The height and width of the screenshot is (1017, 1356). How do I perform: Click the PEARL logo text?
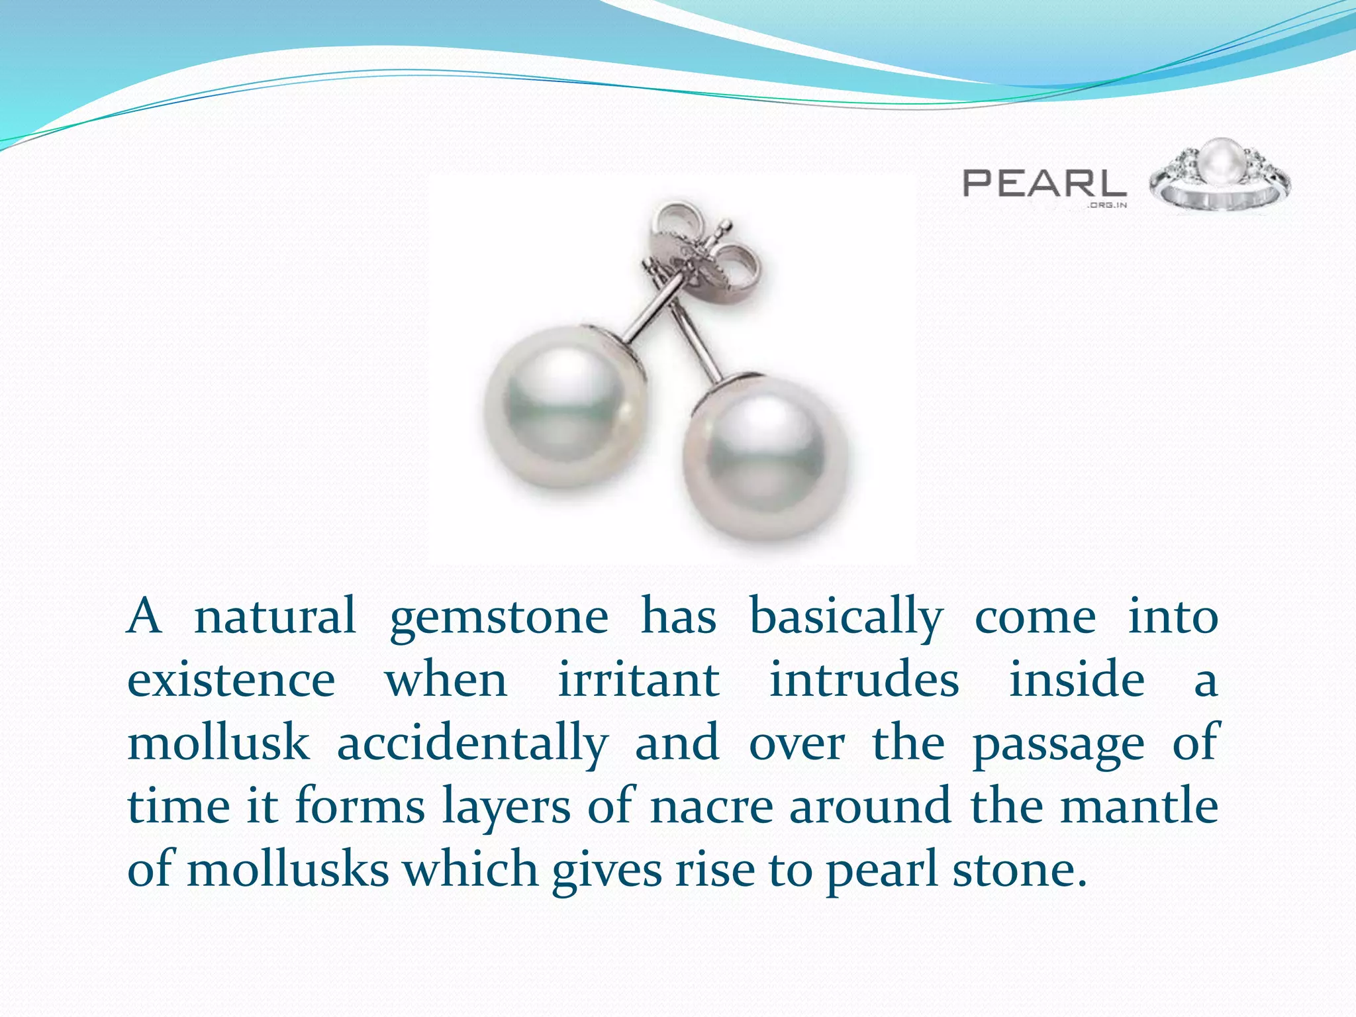click(1044, 183)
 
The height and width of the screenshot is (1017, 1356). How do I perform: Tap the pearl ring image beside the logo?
click(1220, 175)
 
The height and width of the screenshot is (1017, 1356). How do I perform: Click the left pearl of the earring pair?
click(565, 407)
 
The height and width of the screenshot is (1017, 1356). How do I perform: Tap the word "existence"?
click(231, 681)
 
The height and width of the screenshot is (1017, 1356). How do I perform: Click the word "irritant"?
click(638, 681)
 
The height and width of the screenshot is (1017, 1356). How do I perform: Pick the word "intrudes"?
click(864, 681)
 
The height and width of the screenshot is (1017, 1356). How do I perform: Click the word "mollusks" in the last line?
click(288, 869)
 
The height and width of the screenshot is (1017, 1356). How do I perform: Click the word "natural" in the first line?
click(275, 617)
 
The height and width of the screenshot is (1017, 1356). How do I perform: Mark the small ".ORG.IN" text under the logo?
click(1106, 205)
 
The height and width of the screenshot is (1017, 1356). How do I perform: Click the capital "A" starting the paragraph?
click(144, 617)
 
